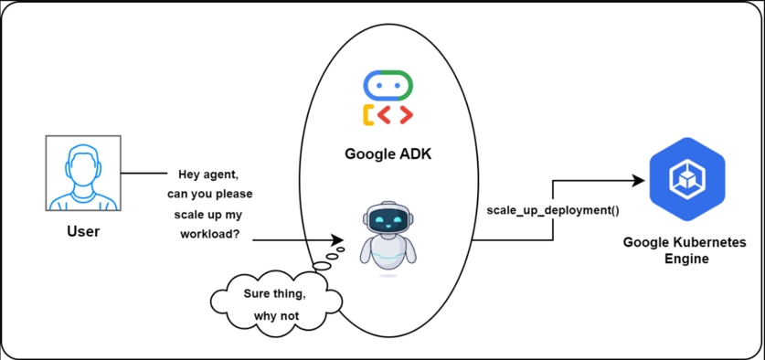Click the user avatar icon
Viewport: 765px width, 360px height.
coord(82,175)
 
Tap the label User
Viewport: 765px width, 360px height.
coord(83,232)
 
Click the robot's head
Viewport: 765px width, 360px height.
coord(388,218)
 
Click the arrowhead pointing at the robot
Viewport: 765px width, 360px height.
coord(335,240)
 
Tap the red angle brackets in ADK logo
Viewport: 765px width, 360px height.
coord(395,115)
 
